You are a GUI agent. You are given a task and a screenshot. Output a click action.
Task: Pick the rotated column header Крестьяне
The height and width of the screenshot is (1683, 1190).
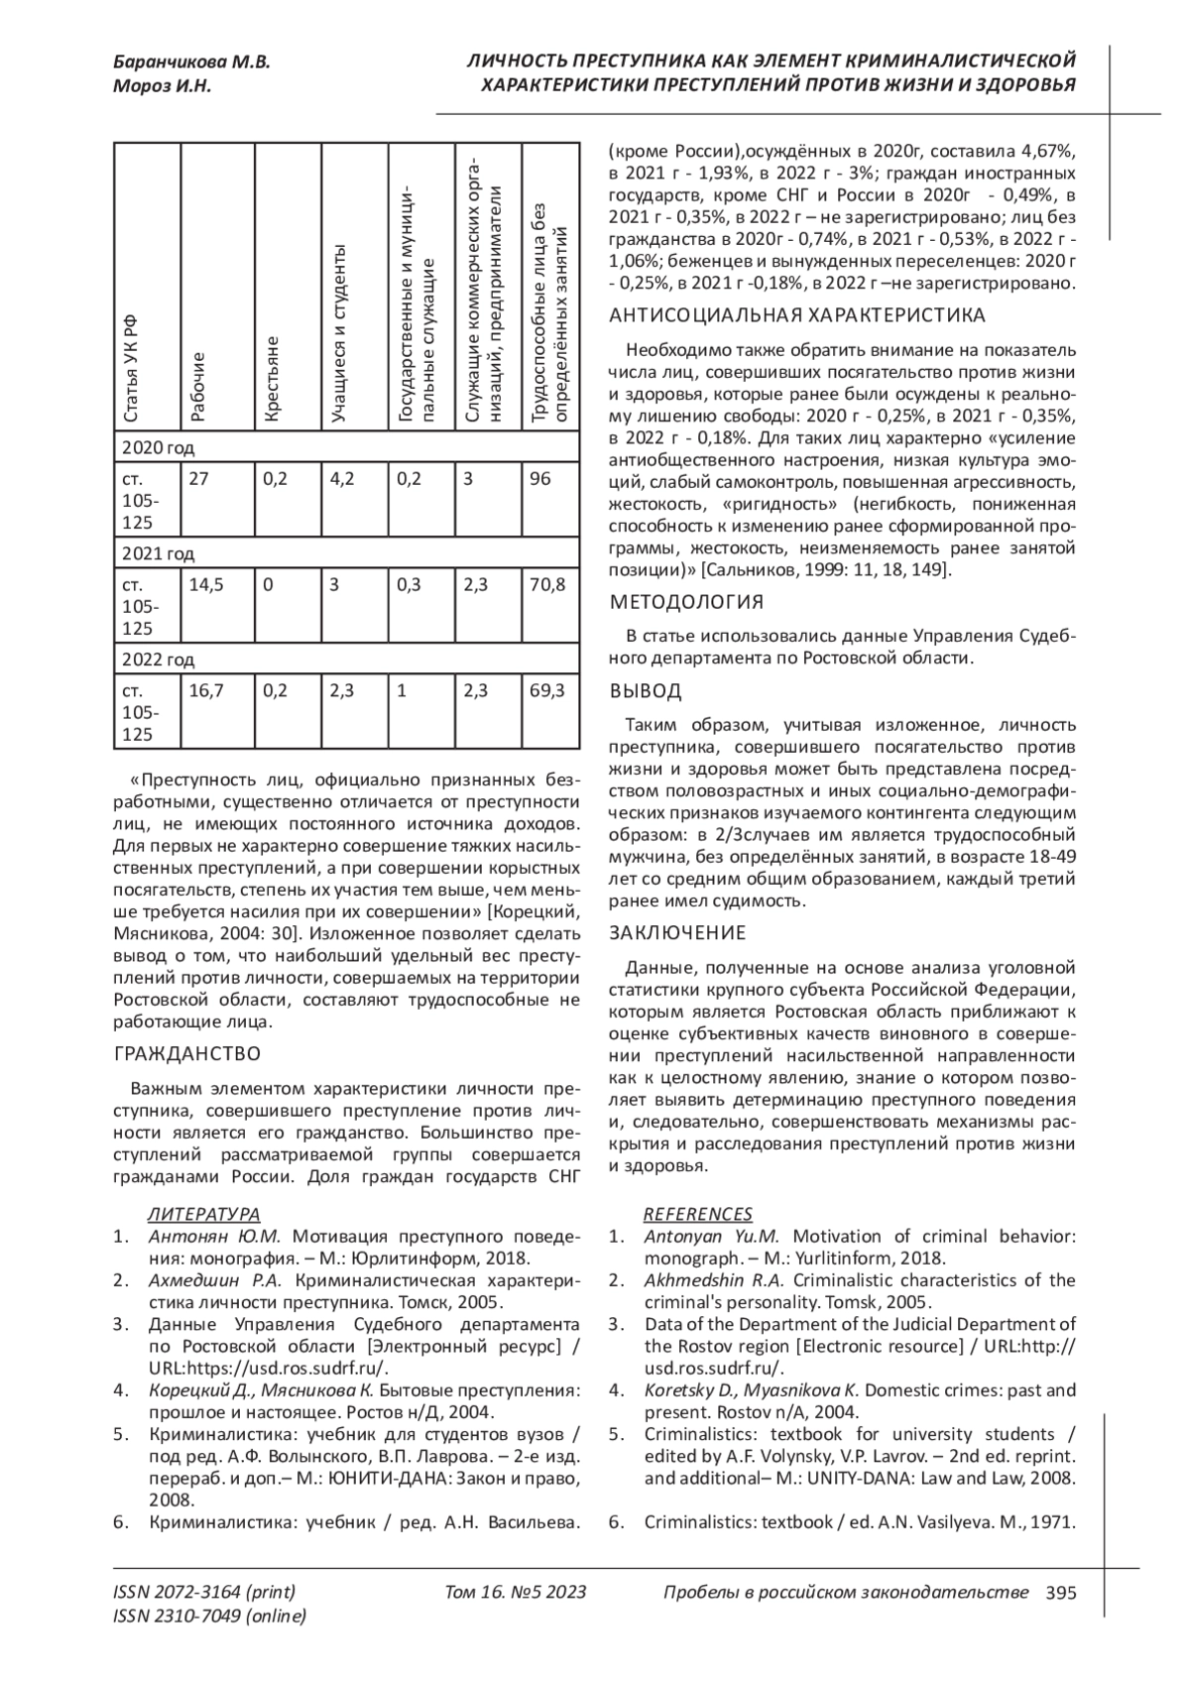[x=275, y=382]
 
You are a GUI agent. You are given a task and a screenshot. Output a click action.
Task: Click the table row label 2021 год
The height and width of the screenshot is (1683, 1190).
[x=159, y=553]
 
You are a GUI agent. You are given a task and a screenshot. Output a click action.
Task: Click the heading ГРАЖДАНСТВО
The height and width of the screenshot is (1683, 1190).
[x=187, y=1052]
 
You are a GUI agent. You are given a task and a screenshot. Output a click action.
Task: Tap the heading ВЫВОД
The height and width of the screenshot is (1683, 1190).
[x=646, y=690]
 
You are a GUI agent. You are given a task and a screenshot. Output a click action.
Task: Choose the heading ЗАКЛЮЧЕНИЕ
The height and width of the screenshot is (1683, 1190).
[x=677, y=932]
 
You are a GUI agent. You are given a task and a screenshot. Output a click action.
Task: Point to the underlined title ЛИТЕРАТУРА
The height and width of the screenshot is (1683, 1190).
[x=203, y=1214]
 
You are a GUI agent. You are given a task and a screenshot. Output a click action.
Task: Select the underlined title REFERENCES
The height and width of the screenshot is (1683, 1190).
[x=697, y=1214]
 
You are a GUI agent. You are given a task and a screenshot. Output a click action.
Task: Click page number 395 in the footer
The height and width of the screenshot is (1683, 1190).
[x=1060, y=1593]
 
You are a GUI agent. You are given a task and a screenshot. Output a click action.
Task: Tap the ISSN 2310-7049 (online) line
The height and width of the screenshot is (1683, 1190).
[x=210, y=1617]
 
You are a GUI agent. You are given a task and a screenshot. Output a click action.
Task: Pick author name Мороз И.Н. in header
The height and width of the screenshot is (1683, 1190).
[x=163, y=86]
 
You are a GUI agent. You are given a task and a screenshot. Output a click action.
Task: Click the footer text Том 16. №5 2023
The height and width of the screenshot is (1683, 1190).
[x=516, y=1593]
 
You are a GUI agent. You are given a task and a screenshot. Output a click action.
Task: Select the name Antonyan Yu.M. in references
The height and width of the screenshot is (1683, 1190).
[x=711, y=1236]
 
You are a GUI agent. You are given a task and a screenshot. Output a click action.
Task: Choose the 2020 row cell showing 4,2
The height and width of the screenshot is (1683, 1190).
[x=342, y=479]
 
